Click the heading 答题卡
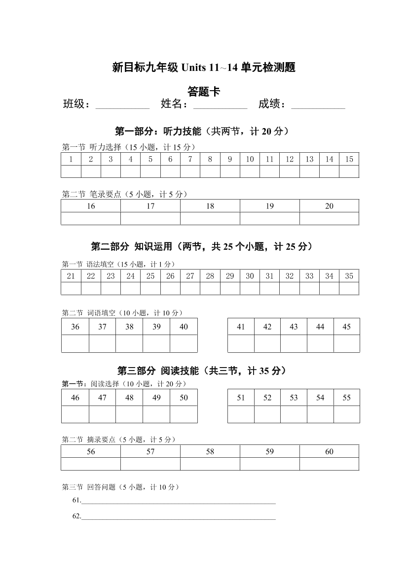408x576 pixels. point(204,91)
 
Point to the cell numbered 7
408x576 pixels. point(190,159)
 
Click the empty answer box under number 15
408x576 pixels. point(349,171)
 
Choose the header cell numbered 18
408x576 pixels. point(210,206)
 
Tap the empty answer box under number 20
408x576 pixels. point(329,218)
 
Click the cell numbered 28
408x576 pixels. point(210,276)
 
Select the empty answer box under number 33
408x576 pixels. point(309,288)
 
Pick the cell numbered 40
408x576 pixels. point(184,327)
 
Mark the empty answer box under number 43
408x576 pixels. point(294,343)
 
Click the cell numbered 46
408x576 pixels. point(75,398)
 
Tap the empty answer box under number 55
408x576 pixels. point(346,414)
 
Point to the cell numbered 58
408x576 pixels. point(210,451)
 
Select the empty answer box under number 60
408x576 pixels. point(329,464)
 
